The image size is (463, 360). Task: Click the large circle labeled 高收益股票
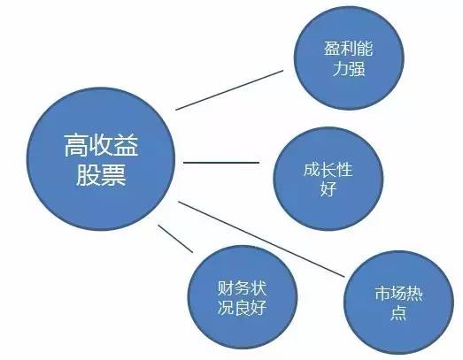pos(101,158)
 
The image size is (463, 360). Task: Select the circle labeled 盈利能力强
pos(349,58)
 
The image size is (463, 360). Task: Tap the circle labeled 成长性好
pos(328,179)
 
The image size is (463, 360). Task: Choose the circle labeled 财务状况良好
pos(243,297)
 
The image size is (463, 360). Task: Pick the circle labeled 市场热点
pos(398,303)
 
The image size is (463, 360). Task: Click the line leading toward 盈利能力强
pos(229,90)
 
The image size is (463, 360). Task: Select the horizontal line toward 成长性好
pos(221,162)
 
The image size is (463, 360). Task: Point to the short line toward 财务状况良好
pos(175,239)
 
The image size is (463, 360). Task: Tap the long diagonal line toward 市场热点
pos(261,240)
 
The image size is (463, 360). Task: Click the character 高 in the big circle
pos(76,145)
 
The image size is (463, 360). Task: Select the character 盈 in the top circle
pos(332,49)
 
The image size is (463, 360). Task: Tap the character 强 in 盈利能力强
pos(357,68)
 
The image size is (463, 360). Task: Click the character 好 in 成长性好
pos(328,188)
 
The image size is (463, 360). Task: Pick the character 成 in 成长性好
pos(312,169)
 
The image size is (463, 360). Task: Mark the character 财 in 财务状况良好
pos(226,288)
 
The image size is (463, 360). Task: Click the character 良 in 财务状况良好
pos(243,308)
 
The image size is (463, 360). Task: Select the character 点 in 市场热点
pos(398,313)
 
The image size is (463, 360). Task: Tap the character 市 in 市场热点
pos(382,294)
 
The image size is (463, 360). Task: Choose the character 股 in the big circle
pos(89,175)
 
